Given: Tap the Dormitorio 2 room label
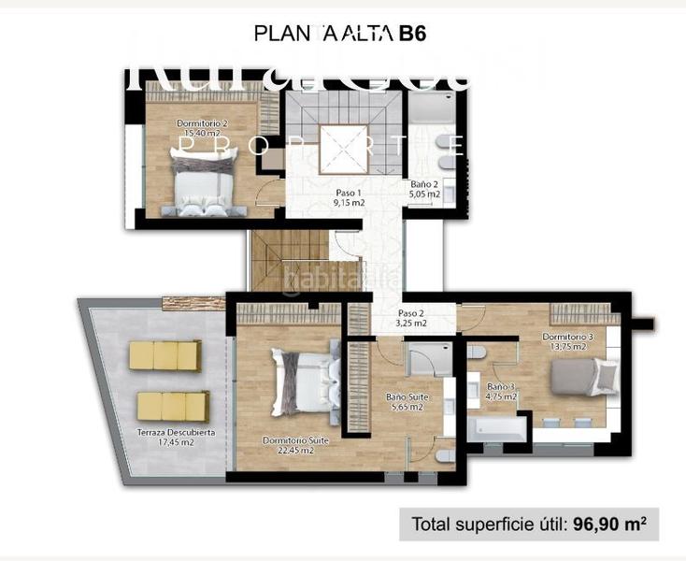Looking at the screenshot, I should pyautogui.click(x=202, y=123).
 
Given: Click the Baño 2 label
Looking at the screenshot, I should pyautogui.click(x=424, y=184).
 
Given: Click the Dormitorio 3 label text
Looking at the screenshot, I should pyautogui.click(x=567, y=336).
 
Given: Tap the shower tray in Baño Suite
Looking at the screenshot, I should pyautogui.click(x=426, y=359).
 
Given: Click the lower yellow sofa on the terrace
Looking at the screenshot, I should pyautogui.click(x=172, y=405).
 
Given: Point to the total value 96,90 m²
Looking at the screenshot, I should pyautogui.click(x=609, y=525).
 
